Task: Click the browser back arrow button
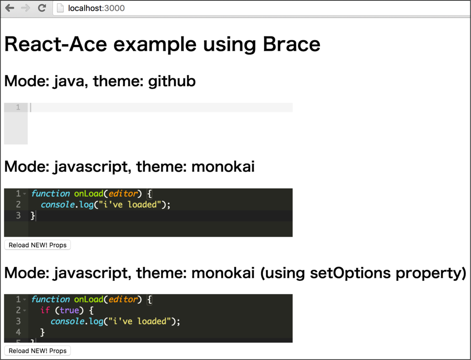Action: coord(10,8)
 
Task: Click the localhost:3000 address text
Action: coord(96,8)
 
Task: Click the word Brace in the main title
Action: coord(291,44)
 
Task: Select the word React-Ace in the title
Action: coord(56,44)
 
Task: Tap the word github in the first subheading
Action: coord(172,81)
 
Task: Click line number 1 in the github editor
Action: coord(18,107)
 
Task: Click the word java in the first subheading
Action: coord(69,81)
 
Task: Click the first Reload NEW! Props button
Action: coord(38,245)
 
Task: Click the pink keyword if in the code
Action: coord(45,310)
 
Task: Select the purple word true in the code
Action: coord(69,310)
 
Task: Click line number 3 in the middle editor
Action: coord(18,215)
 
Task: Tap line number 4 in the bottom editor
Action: coord(18,332)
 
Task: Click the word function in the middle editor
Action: coord(50,193)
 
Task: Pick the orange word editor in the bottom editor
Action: coord(123,299)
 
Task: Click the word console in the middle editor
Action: coord(57,204)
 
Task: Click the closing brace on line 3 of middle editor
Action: coord(33,215)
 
